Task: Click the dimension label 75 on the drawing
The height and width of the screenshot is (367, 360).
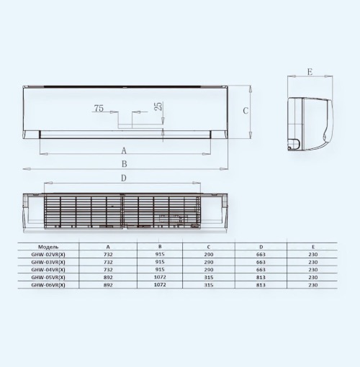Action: coord(99,109)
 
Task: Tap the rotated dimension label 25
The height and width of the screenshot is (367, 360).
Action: coord(159,106)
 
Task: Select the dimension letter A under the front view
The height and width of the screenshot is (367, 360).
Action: coord(124,151)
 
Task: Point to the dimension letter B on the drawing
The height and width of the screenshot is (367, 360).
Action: coord(124,164)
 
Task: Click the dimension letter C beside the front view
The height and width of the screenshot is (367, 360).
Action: coord(246,111)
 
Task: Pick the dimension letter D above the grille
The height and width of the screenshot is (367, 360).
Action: coord(124,178)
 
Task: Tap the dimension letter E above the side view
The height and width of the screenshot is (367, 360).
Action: coord(310,72)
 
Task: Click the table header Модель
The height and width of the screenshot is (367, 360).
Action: coord(48,247)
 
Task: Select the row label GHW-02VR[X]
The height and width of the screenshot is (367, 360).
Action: coord(48,255)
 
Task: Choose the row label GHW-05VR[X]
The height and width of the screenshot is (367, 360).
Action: coord(48,278)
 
